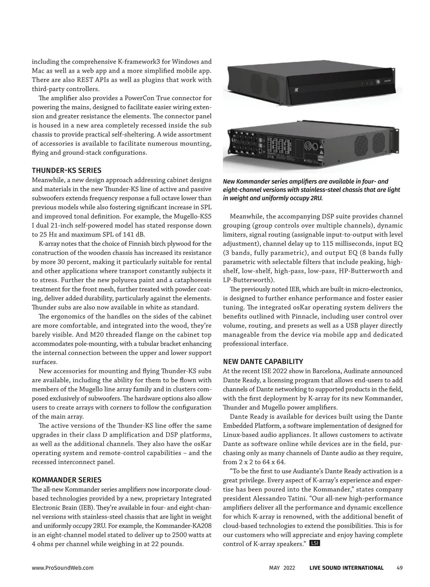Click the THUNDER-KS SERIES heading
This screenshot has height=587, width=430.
pos(67,170)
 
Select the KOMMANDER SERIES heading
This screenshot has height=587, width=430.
pos(67,480)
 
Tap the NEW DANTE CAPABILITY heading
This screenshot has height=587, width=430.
pos(263,362)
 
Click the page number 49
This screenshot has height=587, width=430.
pos(400,568)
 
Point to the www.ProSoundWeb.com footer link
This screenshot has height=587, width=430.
pos(63,568)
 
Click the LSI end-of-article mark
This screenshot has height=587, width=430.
pos(314,543)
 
